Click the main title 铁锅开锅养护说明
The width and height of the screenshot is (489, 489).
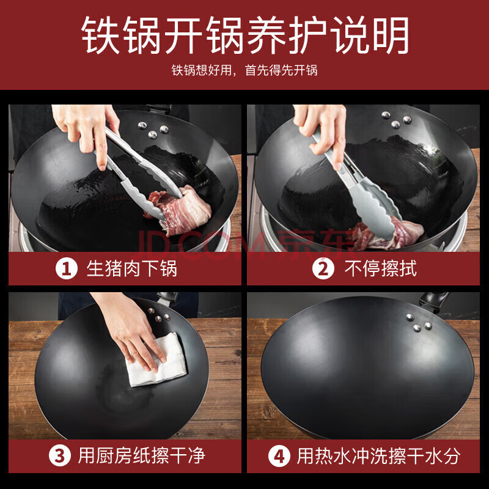point(245,35)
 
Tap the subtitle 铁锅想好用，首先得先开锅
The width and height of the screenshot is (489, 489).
point(244,70)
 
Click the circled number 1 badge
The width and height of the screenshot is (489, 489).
point(67,268)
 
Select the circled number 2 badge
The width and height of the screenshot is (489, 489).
point(323,268)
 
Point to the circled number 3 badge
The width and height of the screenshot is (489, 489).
point(59,455)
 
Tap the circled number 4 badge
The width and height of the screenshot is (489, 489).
point(279,456)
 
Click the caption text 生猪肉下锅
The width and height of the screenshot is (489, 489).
point(131,268)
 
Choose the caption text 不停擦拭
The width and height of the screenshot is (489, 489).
point(380,268)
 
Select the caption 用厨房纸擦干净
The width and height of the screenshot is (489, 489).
point(141,455)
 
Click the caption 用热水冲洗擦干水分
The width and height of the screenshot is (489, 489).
point(378,456)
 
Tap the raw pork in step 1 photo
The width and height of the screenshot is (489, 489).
point(178,210)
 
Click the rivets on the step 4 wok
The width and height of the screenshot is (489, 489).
point(419,323)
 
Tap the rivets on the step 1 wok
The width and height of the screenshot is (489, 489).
point(153,130)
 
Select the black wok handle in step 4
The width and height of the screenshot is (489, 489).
point(433,300)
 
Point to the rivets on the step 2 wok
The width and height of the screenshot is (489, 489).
point(396,120)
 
